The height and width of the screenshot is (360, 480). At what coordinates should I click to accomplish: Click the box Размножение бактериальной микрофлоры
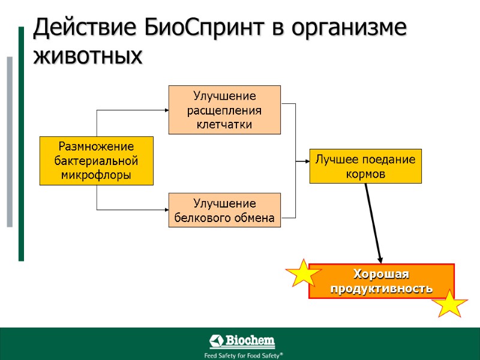96,161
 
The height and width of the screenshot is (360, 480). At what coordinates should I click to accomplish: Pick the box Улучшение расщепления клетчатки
224,110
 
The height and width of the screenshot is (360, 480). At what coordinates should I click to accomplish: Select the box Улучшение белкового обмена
224,211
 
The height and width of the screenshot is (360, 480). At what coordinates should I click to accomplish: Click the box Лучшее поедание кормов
365,166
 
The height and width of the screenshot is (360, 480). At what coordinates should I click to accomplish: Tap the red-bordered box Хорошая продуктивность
381,281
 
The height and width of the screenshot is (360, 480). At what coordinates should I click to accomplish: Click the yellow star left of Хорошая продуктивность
304,274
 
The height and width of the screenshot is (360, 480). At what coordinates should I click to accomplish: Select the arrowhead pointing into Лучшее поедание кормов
305,161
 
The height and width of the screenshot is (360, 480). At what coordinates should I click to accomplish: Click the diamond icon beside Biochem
216,342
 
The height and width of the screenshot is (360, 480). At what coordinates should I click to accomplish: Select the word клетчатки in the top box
224,124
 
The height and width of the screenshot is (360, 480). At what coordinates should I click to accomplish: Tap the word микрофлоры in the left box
96,175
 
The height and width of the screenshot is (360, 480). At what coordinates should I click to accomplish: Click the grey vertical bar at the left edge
10,142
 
